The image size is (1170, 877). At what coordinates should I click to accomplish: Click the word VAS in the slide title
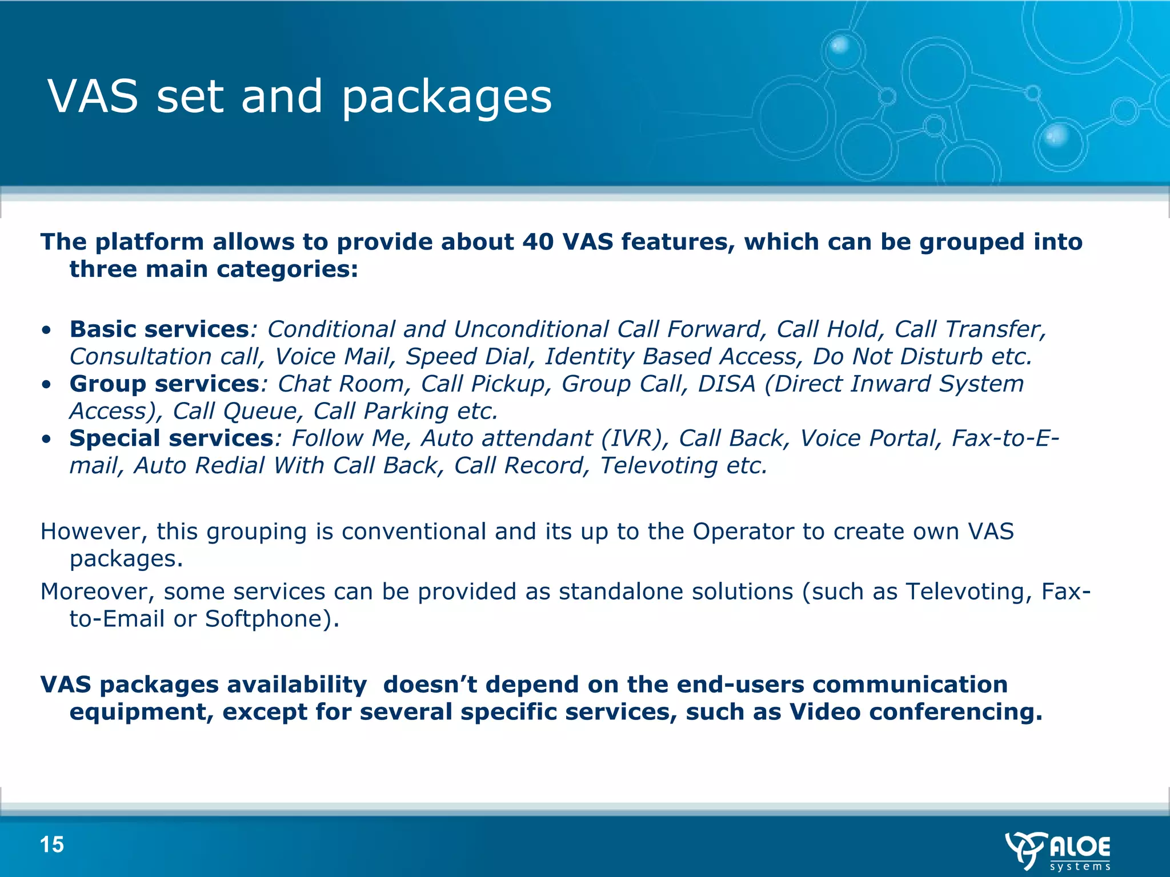pos(93,96)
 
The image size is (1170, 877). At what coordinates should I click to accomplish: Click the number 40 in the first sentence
pos(538,242)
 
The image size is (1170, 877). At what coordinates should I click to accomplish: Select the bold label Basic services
pos(159,329)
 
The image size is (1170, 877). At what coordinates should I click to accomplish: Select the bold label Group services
pos(165,384)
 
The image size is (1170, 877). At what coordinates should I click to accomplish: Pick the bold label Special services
pos(171,438)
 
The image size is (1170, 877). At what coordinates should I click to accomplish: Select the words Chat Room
pos(341,384)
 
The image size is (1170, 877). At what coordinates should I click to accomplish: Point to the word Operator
pos(743,532)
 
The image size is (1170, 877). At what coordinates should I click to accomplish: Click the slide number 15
pos(52,844)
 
